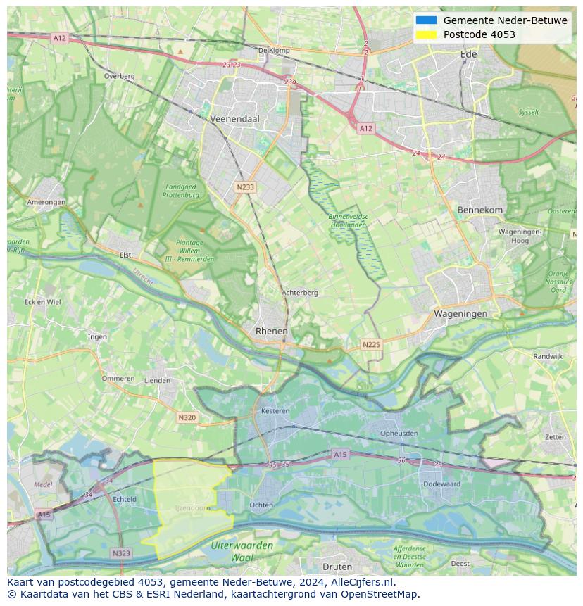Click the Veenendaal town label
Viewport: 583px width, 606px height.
click(x=235, y=120)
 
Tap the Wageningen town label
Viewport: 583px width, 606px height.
click(x=460, y=314)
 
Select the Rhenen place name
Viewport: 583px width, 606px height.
click(x=271, y=331)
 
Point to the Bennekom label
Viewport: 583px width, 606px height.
click(x=480, y=210)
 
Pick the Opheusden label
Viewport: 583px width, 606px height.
click(x=399, y=434)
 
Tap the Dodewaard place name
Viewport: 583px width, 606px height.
click(x=441, y=484)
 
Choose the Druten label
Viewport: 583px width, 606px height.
click(x=337, y=567)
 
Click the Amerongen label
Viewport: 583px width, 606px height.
click(x=46, y=202)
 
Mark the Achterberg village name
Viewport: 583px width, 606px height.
click(x=300, y=293)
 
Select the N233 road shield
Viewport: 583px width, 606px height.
click(x=245, y=187)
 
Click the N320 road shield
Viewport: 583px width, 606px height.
click(x=187, y=417)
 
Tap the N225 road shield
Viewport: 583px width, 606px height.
click(x=371, y=344)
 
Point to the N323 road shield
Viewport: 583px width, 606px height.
click(x=121, y=553)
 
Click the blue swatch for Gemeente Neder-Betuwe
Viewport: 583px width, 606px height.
click(x=426, y=20)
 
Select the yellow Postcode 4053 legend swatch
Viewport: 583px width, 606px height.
click(x=426, y=34)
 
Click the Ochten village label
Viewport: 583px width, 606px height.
click(x=261, y=505)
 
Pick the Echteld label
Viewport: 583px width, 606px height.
click(x=125, y=499)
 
